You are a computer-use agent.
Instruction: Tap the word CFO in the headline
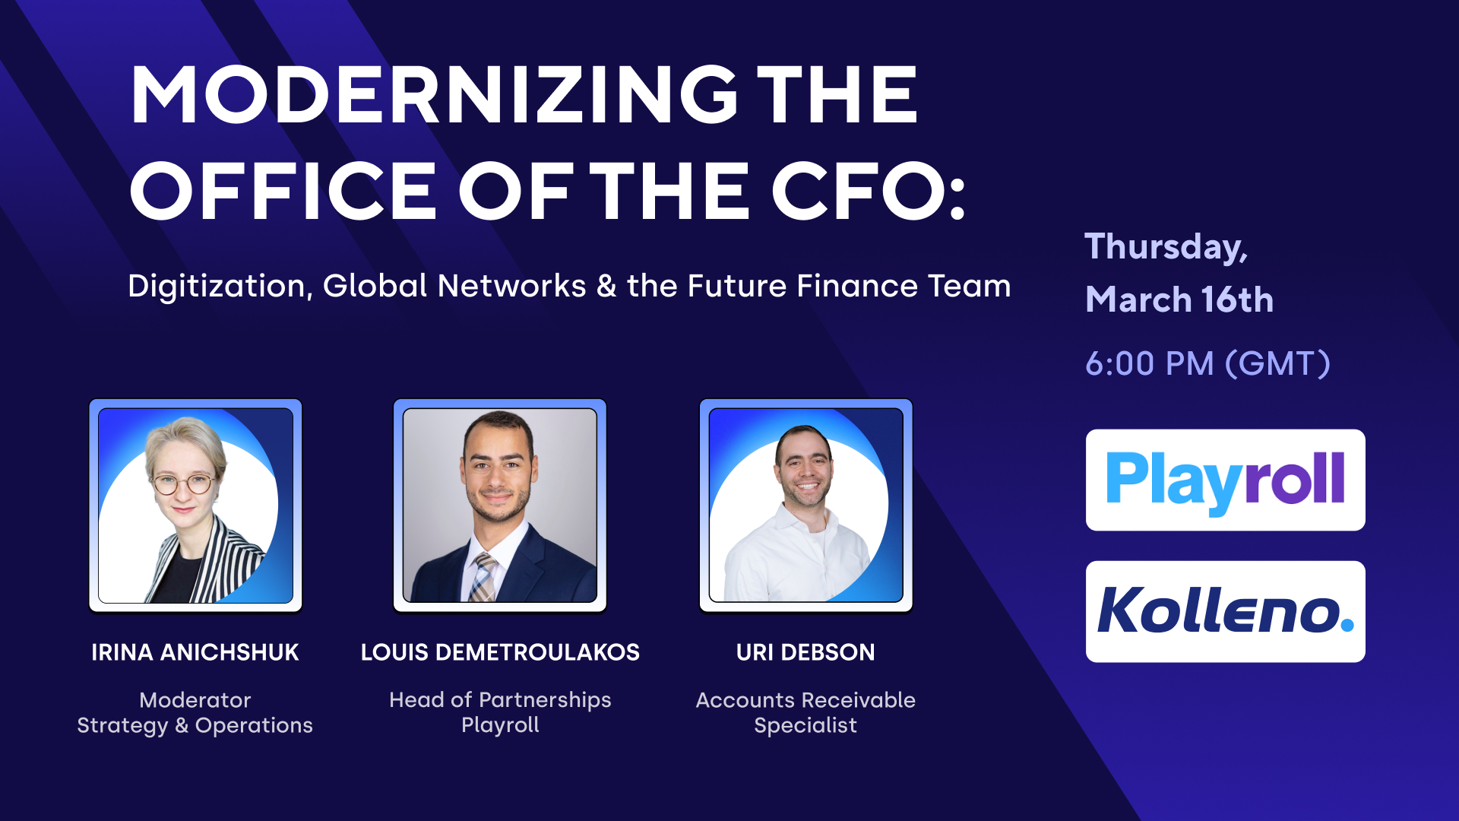pos(859,191)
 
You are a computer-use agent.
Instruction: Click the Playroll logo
pos(1225,480)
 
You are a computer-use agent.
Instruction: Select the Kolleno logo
pos(1225,611)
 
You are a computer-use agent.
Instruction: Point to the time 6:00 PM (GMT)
pos(1207,363)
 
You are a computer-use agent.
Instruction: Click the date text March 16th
pos(1179,300)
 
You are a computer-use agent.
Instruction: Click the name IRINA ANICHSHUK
pos(195,652)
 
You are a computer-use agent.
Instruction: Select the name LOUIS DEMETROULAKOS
pos(500,652)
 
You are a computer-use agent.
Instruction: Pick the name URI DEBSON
pos(805,652)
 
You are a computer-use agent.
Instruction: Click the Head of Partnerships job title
pos(500,699)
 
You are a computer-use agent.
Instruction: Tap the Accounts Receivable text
pos(805,700)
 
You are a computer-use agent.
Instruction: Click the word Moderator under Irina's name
pos(195,700)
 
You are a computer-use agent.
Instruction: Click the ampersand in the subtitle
pos(606,287)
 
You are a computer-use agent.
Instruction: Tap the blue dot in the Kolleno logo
pos(1347,625)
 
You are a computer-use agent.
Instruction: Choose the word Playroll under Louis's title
pos(500,725)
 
